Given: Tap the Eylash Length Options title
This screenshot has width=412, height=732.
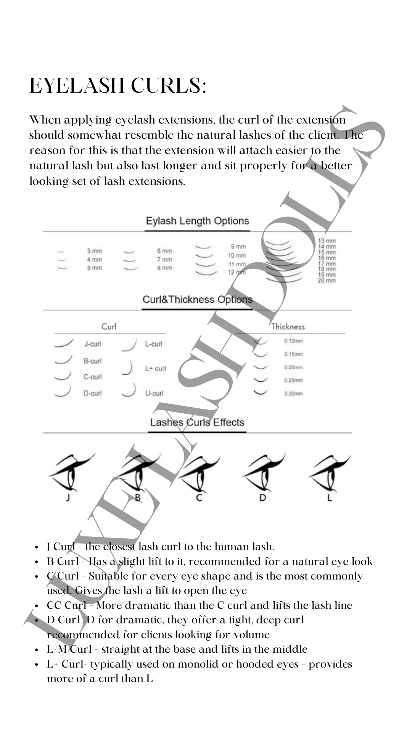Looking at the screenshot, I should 197,221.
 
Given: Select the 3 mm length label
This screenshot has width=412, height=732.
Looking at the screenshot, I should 94,251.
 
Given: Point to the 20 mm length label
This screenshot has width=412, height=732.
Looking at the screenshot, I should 327,281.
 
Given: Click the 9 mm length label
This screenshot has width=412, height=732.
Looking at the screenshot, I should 238,247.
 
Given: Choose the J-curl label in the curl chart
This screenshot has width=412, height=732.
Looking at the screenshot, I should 93,344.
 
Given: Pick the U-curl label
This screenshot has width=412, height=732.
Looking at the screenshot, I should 154,393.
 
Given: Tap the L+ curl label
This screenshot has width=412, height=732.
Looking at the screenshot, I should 155,369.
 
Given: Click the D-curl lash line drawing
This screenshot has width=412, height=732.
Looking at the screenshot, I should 63,392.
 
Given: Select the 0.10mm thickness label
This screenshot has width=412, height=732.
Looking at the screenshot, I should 293,341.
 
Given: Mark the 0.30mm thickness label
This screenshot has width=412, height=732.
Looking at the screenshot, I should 293,393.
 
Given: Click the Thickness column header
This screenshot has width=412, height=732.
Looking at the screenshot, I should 288,327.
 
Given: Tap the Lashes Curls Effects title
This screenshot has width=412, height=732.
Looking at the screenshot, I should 197,422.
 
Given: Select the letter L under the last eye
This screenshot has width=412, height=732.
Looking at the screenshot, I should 330,498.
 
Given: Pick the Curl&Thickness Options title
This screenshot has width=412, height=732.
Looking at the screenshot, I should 197,300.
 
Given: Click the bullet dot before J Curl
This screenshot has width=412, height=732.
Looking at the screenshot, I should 37,547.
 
